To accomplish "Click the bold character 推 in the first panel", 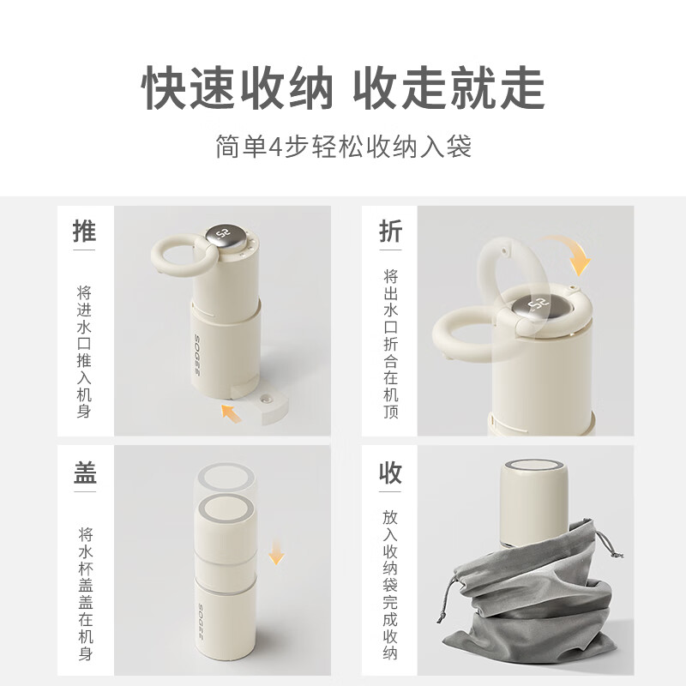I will (85, 232).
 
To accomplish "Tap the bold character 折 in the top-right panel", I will (390, 232).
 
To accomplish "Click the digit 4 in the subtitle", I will (275, 147).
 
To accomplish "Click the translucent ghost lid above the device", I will (226, 478).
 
